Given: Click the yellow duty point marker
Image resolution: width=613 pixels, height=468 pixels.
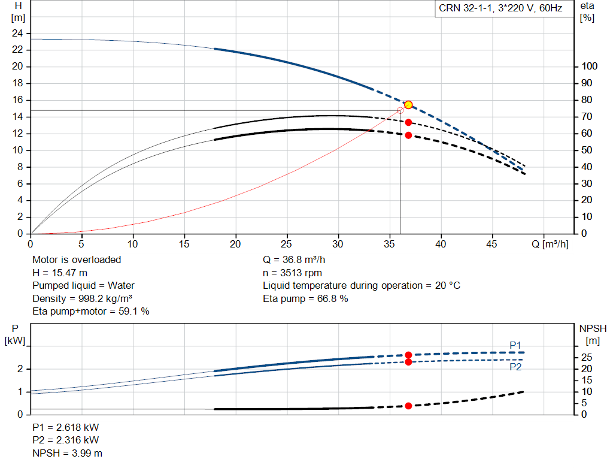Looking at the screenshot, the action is [x=408, y=105].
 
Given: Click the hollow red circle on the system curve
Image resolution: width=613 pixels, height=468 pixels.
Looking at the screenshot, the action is [x=400, y=111].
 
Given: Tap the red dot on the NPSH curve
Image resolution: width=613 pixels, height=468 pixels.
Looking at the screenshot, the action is [x=408, y=406].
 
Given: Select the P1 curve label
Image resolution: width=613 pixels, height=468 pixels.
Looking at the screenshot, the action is [x=515, y=345].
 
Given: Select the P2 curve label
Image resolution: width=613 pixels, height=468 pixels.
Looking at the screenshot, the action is [x=515, y=367].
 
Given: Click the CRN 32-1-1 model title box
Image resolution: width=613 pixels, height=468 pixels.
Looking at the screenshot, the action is [x=501, y=8].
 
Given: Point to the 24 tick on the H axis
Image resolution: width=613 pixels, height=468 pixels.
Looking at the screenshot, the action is [x=17, y=34].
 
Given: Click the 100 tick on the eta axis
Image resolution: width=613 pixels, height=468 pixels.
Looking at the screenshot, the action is [x=589, y=66].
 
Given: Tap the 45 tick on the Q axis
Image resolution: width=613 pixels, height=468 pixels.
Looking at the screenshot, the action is [x=491, y=244].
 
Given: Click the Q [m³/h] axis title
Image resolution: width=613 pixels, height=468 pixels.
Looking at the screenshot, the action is [x=550, y=244].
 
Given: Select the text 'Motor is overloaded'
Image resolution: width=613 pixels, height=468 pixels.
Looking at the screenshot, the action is [x=77, y=259].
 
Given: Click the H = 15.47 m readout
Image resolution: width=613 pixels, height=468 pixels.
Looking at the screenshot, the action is [x=60, y=273].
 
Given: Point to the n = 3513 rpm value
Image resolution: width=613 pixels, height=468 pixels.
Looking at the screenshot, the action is [x=292, y=273].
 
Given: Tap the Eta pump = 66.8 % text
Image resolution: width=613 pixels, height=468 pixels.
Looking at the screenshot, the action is [x=305, y=298].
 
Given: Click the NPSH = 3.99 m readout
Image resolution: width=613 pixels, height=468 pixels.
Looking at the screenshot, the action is [x=67, y=453].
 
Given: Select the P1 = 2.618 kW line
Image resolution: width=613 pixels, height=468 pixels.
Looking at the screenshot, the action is [x=66, y=427].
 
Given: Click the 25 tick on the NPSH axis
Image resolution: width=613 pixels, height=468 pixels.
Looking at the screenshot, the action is [x=587, y=357].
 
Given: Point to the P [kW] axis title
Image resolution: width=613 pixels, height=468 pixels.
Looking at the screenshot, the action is [x=15, y=334].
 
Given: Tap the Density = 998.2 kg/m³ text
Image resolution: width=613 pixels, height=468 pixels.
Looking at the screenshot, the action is [x=82, y=298].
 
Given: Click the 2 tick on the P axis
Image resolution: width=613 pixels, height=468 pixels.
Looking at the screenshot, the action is [x=20, y=369].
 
